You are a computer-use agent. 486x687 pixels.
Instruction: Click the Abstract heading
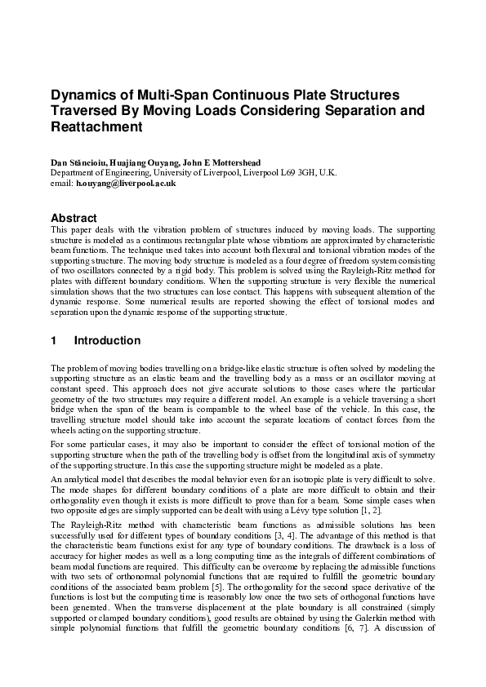pyautogui.click(x=74, y=219)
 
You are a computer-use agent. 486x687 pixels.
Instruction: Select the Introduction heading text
pyautogui.click(x=107, y=340)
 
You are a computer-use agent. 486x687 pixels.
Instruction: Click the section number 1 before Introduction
pyautogui.click(x=54, y=340)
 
